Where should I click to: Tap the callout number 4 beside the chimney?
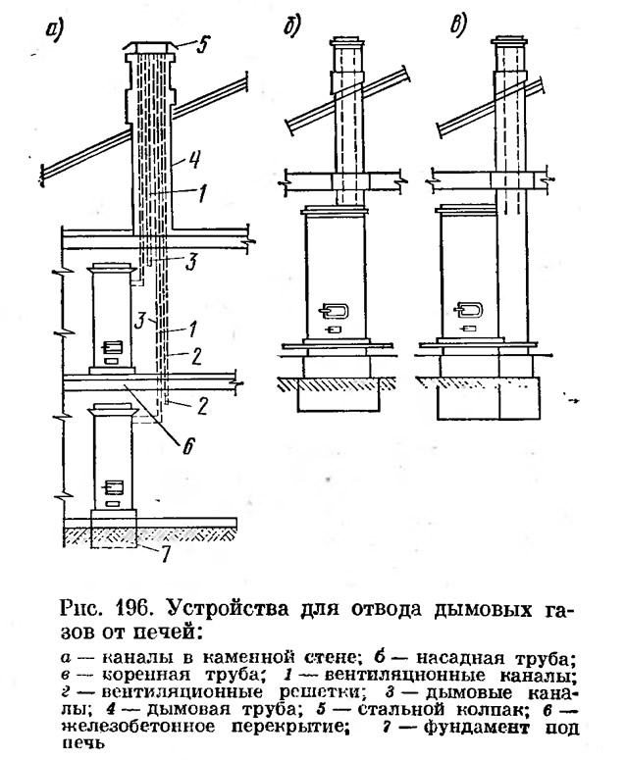(x=193, y=159)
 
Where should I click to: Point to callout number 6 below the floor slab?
(x=188, y=444)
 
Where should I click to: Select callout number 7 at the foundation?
(x=166, y=553)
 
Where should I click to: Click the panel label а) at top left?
(x=55, y=30)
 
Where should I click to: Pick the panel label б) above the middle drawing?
(x=292, y=26)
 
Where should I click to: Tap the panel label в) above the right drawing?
(x=458, y=25)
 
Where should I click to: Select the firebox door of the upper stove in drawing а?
(x=112, y=347)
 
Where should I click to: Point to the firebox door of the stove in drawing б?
(x=334, y=312)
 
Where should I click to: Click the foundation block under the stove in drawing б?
(x=339, y=394)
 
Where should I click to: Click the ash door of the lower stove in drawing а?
(x=113, y=505)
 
